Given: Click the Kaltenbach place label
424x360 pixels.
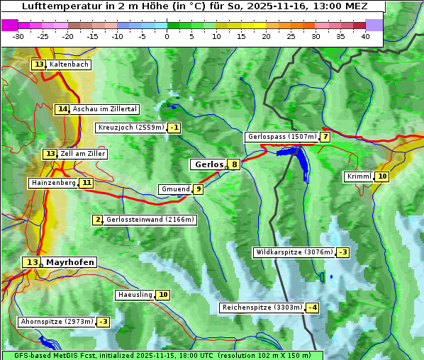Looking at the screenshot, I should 69,64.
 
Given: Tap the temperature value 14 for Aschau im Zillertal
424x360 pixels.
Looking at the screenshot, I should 62,109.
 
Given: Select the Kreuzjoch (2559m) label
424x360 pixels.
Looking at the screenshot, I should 131,128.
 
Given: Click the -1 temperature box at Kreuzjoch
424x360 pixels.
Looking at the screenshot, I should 174,128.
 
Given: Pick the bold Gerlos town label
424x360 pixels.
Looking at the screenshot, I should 208,164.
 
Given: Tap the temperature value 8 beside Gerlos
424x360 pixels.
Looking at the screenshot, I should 234,164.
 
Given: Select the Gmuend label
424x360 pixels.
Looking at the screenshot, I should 175,189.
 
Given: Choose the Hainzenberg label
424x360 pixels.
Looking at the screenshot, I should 53,183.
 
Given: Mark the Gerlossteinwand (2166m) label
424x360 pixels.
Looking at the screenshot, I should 150,220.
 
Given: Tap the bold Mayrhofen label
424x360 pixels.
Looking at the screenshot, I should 69,262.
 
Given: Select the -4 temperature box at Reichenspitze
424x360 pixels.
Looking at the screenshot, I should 312,308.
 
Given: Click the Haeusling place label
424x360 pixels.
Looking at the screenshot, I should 135,295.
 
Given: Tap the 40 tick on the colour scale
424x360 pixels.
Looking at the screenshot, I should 365,36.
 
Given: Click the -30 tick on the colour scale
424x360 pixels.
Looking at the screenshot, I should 18,36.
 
